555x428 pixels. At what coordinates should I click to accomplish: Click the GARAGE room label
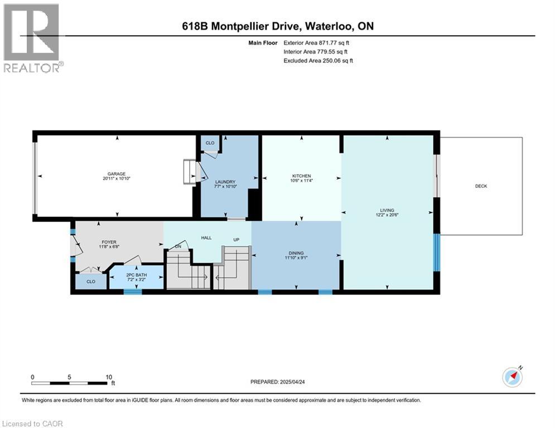tap(117, 173)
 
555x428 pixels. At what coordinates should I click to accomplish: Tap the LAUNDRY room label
tap(225, 182)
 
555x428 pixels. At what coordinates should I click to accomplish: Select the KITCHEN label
tap(302, 176)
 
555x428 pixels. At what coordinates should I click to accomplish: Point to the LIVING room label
tap(387, 210)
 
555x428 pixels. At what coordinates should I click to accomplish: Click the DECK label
tap(481, 186)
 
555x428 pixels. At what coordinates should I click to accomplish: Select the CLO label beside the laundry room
tap(210, 143)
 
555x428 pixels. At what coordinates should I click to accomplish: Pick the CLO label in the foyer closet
tap(90, 282)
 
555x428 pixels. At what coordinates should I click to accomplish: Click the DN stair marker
tap(178, 246)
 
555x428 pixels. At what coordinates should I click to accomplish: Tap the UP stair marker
tap(237, 240)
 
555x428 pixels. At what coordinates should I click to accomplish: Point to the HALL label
tap(206, 238)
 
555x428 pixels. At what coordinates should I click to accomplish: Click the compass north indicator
tap(513, 377)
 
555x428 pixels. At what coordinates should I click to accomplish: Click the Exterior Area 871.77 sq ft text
tap(316, 42)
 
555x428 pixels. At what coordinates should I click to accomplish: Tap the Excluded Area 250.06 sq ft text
tap(318, 60)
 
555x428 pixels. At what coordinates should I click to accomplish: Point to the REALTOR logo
tap(33, 38)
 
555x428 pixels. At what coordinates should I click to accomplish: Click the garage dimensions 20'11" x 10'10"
tap(117, 178)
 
